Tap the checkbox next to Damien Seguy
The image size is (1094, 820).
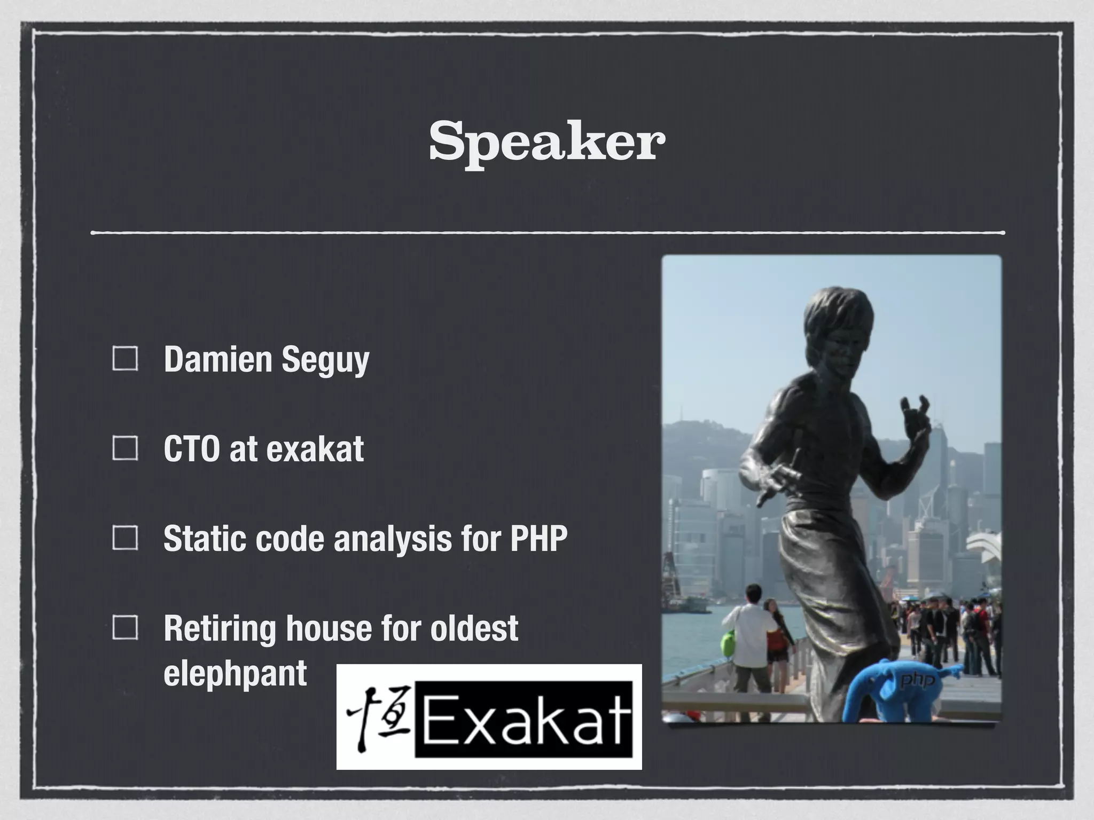point(126,358)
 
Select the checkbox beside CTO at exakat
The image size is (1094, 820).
point(126,448)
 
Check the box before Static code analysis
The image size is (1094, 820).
point(126,538)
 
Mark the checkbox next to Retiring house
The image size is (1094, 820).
point(126,627)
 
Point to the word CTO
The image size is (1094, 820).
point(191,448)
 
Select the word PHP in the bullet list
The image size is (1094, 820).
point(538,538)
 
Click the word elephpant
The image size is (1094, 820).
point(235,674)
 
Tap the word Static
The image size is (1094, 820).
point(205,538)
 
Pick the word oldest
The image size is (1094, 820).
point(474,628)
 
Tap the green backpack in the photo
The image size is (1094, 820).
point(728,643)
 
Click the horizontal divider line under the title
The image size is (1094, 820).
point(547,233)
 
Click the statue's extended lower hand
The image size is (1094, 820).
point(775,480)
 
